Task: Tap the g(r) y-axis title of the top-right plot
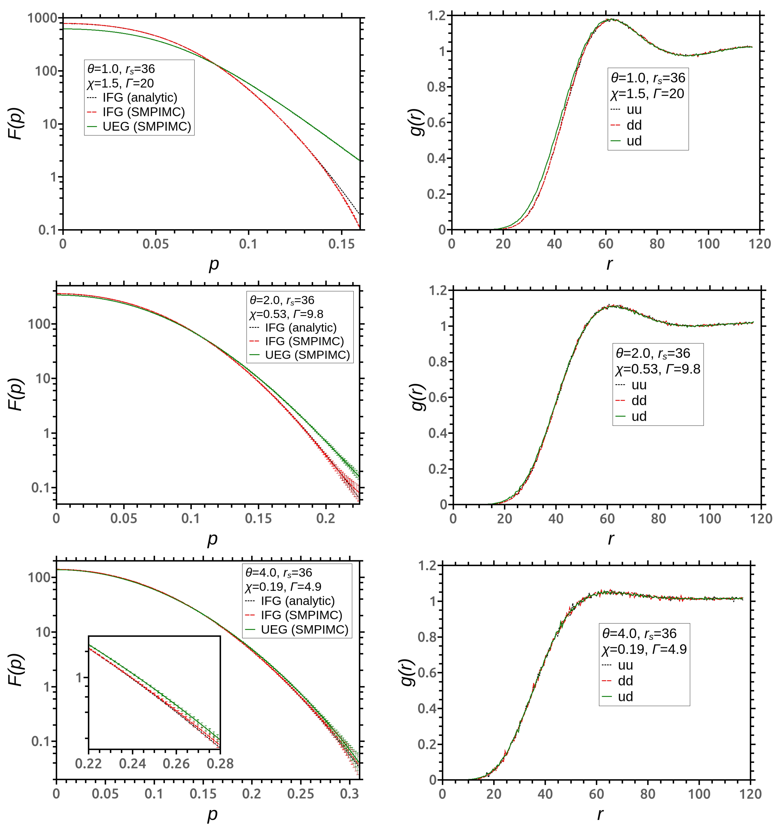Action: (x=417, y=122)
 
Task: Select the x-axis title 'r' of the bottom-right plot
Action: (x=600, y=814)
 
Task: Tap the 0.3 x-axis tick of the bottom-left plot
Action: (x=350, y=793)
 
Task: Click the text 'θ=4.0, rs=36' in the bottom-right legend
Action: (x=639, y=633)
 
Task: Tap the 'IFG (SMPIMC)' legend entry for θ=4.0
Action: (x=301, y=615)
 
